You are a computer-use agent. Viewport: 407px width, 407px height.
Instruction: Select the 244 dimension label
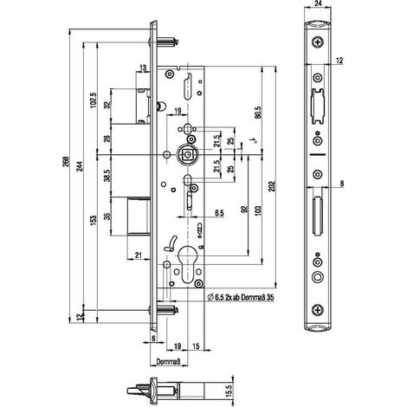(80, 166)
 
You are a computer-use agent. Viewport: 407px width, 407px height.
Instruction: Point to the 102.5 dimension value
(94, 100)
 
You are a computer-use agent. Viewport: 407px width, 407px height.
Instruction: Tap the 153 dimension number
(94, 221)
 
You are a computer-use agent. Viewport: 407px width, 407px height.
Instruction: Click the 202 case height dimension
(272, 187)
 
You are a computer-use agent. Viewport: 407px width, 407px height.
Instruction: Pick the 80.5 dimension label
(258, 113)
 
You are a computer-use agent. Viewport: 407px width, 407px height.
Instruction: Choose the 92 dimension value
(244, 210)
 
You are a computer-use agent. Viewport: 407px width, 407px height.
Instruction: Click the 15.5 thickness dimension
(229, 390)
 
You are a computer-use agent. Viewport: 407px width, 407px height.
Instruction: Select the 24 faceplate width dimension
(318, 3)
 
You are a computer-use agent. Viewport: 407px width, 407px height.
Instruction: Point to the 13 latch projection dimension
(143, 68)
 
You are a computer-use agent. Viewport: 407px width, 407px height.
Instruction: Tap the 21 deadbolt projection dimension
(139, 255)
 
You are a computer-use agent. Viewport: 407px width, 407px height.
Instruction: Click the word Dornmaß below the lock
(168, 361)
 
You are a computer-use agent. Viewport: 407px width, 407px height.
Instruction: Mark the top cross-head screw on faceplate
(318, 42)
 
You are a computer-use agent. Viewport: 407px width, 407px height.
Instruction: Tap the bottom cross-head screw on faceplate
(318, 310)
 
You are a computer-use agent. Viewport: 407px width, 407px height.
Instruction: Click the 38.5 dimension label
(107, 176)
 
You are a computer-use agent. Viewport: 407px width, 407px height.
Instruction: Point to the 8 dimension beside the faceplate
(342, 184)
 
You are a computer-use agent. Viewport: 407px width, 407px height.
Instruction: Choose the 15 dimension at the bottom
(196, 346)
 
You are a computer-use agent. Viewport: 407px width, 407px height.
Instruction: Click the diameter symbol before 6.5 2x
(210, 297)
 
